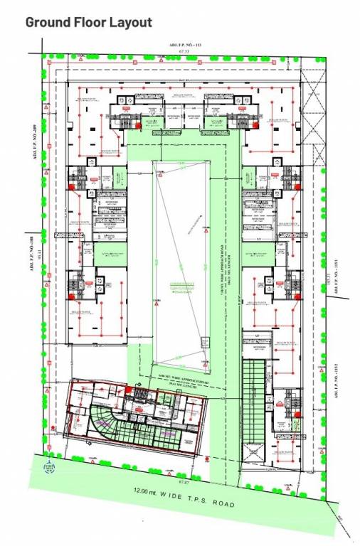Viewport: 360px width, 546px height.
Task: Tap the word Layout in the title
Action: (x=130, y=22)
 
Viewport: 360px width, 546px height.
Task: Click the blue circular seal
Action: (x=50, y=467)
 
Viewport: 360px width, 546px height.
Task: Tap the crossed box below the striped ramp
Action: (x=253, y=453)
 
